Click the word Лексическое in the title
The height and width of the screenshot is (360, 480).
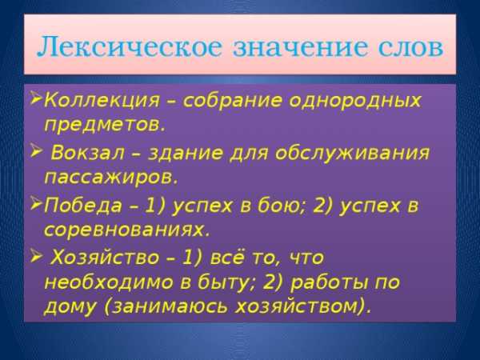tap(129, 47)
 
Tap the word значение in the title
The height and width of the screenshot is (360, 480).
tap(299, 47)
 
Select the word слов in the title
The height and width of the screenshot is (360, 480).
tap(410, 47)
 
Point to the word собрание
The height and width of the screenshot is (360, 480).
tap(232, 101)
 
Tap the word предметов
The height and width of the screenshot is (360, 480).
tap(105, 124)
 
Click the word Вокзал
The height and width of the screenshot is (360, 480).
tap(88, 153)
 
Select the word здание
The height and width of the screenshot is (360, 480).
tap(186, 154)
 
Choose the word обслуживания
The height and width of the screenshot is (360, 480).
tap(352, 153)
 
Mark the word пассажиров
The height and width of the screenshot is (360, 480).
tap(111, 178)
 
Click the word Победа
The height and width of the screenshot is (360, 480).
tap(83, 205)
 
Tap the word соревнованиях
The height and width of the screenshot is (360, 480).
tap(127, 230)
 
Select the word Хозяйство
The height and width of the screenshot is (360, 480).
tap(104, 258)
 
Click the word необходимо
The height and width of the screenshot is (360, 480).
tap(108, 282)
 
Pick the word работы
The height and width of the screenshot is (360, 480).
tap(329, 283)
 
